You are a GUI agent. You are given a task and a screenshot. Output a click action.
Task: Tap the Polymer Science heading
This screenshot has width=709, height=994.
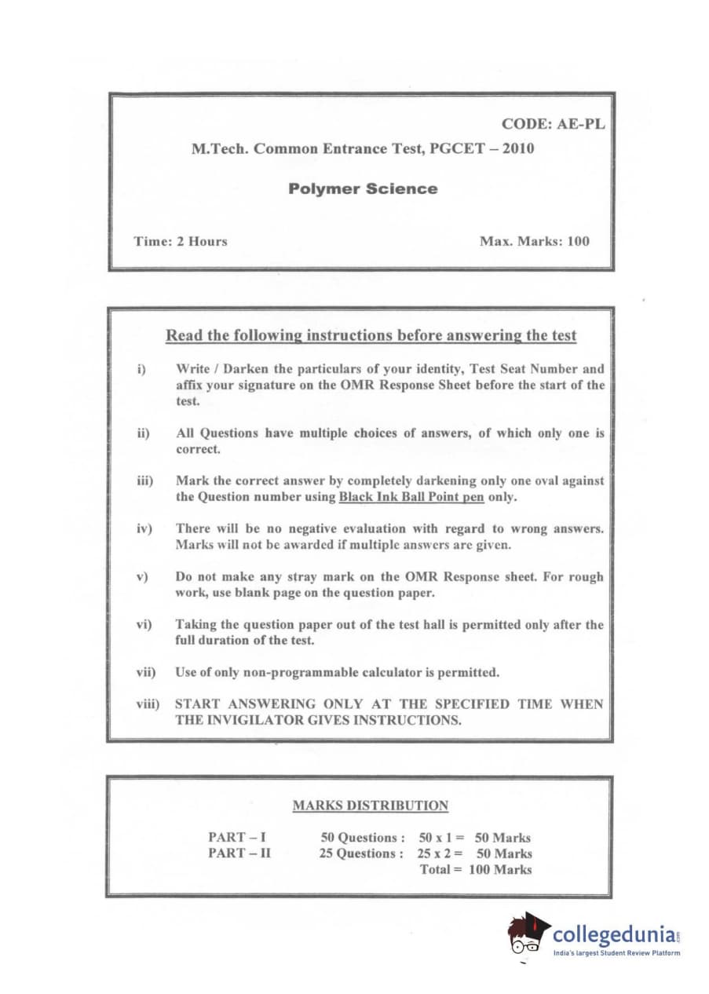click(x=363, y=188)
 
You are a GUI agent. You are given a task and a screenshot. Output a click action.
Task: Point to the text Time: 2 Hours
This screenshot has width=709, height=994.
click(x=181, y=241)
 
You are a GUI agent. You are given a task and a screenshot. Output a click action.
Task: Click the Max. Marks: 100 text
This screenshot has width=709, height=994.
click(x=534, y=241)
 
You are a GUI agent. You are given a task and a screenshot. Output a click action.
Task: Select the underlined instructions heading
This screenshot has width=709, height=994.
click(x=371, y=336)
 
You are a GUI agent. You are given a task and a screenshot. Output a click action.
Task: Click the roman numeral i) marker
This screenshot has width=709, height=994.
click(x=142, y=368)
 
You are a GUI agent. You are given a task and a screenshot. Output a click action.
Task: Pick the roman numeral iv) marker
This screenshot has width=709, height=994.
click(x=144, y=528)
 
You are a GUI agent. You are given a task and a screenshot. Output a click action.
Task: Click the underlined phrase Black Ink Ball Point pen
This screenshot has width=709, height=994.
click(x=411, y=497)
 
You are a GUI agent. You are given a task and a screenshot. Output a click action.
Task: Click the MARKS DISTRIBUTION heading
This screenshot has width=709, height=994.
click(x=371, y=806)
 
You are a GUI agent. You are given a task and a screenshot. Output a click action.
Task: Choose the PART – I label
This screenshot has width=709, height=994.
click(x=236, y=838)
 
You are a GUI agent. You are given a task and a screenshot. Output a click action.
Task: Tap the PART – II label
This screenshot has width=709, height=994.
click(x=239, y=853)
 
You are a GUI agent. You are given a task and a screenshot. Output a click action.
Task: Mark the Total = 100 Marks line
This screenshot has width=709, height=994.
click(x=476, y=869)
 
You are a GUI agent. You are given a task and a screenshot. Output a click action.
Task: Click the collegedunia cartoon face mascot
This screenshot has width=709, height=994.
click(x=526, y=936)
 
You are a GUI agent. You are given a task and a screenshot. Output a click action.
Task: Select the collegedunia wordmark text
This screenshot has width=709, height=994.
click(x=613, y=934)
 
